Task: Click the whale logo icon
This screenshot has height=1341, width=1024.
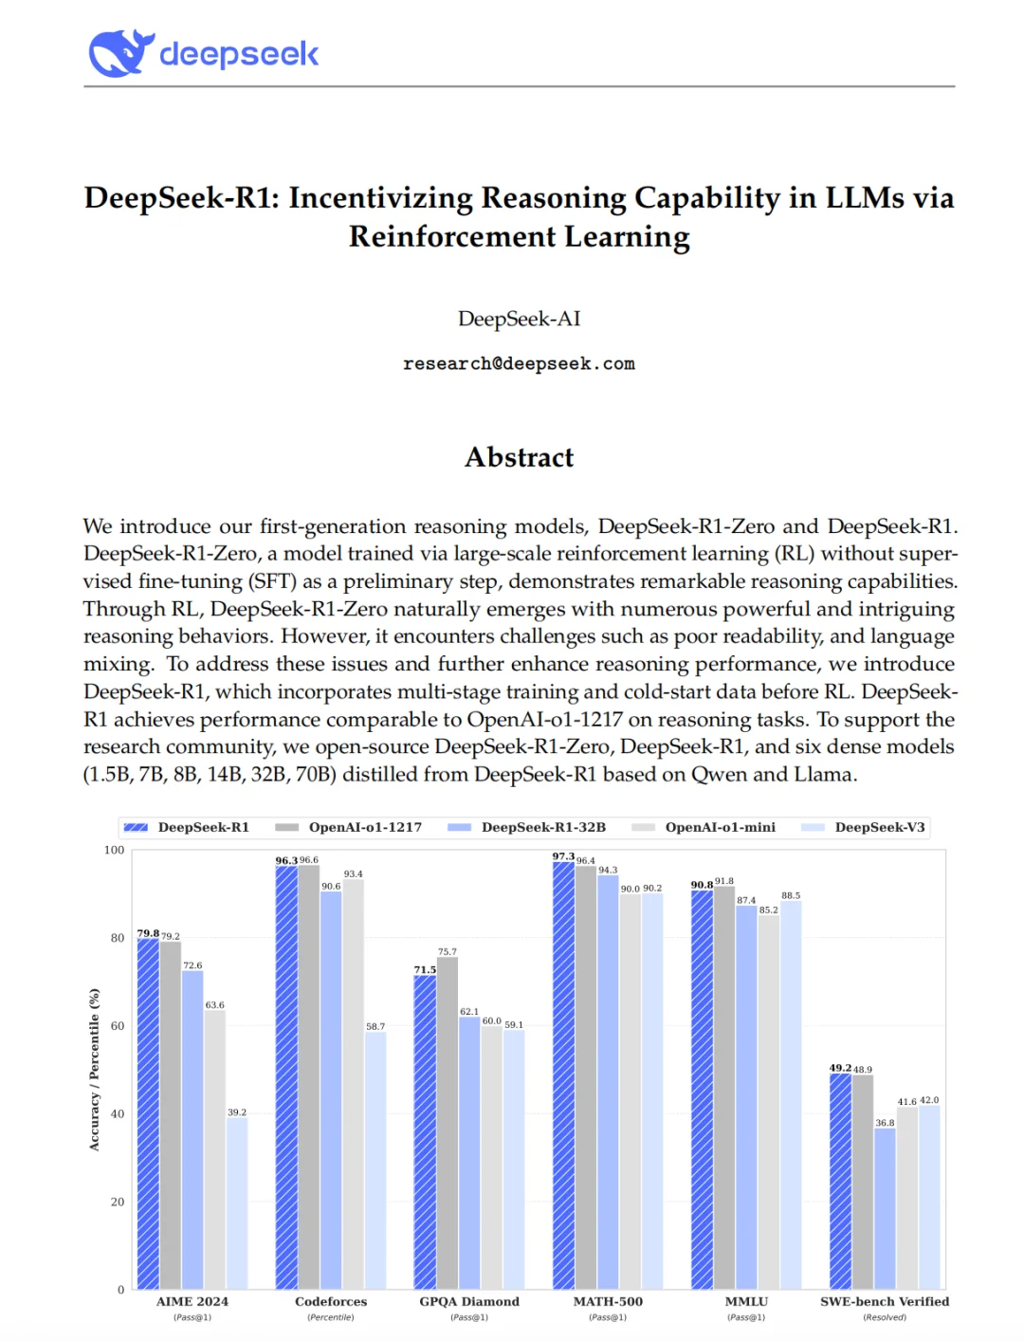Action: point(121,53)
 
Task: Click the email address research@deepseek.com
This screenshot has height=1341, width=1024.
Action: point(519,364)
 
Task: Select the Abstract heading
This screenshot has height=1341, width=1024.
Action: point(519,457)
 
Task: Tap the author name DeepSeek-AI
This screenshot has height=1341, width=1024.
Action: point(519,319)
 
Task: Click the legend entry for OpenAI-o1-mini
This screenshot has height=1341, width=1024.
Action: point(720,827)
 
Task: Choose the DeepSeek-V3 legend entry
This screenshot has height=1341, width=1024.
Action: point(879,827)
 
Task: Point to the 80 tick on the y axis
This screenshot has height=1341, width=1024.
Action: point(118,938)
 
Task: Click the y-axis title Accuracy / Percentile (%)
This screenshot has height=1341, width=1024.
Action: point(94,1069)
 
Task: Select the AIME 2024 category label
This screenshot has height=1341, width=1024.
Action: point(192,1301)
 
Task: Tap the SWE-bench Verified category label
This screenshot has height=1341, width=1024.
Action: point(885,1301)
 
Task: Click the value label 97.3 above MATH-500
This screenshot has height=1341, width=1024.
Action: point(563,856)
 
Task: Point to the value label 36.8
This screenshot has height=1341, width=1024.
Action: point(885,1123)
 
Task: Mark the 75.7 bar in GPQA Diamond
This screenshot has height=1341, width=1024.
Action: point(448,1123)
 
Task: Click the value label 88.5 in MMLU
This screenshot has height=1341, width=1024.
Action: point(791,895)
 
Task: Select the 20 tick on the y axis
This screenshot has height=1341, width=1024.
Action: point(118,1202)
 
